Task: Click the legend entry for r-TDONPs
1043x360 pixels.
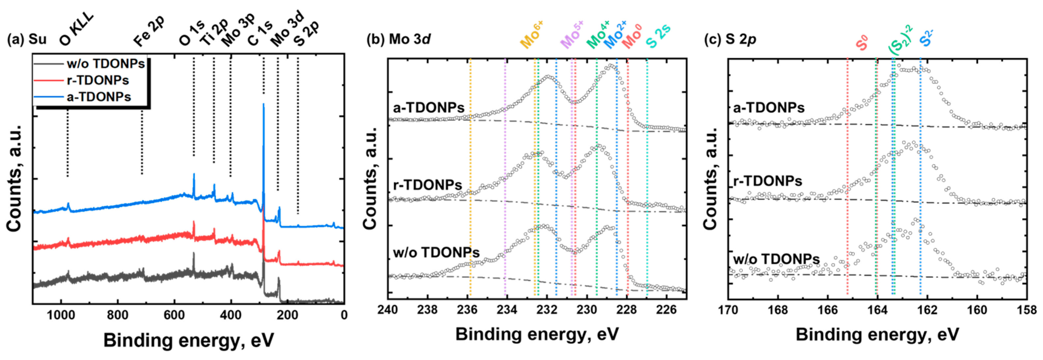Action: pos(98,80)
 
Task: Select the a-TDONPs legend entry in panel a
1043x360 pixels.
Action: pos(99,97)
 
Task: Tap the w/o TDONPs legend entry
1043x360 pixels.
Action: pos(105,64)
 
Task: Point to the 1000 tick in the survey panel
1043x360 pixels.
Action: pos(61,315)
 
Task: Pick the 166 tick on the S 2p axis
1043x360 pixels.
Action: pos(827,310)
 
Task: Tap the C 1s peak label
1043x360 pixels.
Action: pos(260,33)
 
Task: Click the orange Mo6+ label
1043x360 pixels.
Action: pos(531,35)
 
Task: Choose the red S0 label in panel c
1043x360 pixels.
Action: pos(862,43)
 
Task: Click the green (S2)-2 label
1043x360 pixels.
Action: pos(899,41)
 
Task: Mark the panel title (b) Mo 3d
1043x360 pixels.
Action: pos(398,39)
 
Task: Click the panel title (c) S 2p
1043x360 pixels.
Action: pos(730,39)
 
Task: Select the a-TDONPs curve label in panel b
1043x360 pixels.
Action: pos(428,108)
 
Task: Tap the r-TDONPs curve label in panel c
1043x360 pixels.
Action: pos(767,181)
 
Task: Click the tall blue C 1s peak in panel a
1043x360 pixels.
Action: pos(264,122)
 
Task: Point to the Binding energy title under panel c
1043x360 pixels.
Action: pos(877,335)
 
